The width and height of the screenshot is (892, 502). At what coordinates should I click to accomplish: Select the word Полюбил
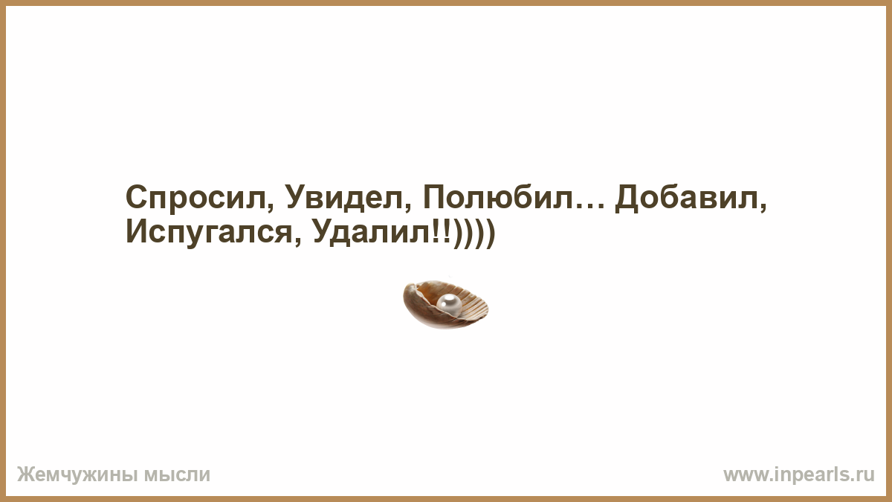(x=498, y=197)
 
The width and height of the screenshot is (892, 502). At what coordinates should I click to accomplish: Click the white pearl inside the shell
(x=449, y=305)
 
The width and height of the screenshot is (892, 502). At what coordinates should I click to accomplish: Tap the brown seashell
(x=445, y=305)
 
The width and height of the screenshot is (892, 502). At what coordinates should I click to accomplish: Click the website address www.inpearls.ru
(x=799, y=475)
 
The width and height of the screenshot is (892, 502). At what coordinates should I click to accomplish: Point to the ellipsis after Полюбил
(x=589, y=205)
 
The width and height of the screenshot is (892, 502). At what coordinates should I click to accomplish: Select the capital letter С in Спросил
(x=138, y=197)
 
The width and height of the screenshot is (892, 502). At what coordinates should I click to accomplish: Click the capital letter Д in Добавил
(x=628, y=199)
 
